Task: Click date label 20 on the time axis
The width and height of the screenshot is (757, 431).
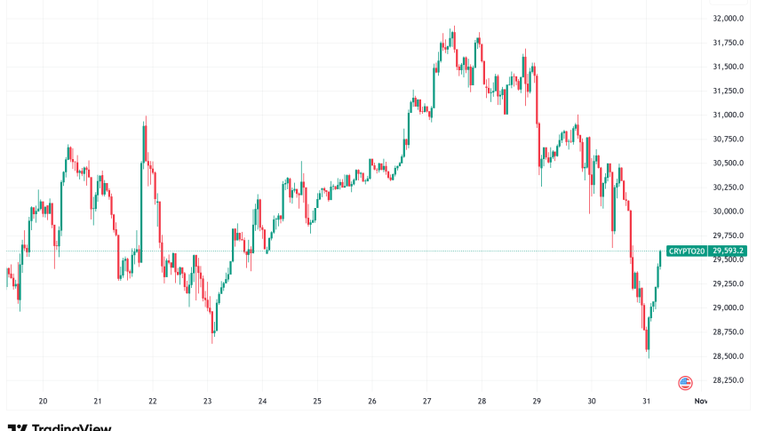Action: pyautogui.click(x=43, y=401)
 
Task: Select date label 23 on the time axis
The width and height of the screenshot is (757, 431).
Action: pyautogui.click(x=207, y=401)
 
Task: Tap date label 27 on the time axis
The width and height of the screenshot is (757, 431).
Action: pyautogui.click(x=426, y=401)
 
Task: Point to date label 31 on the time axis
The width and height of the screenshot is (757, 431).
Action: pyautogui.click(x=646, y=401)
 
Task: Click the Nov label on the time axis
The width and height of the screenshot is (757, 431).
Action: pyautogui.click(x=700, y=401)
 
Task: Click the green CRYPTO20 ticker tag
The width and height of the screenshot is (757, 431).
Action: pyautogui.click(x=687, y=251)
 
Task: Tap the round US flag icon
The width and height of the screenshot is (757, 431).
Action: pyautogui.click(x=685, y=383)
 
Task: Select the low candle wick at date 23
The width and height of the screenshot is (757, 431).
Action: pyautogui.click(x=211, y=339)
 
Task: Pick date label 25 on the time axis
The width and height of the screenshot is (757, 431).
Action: pyautogui.click(x=317, y=401)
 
